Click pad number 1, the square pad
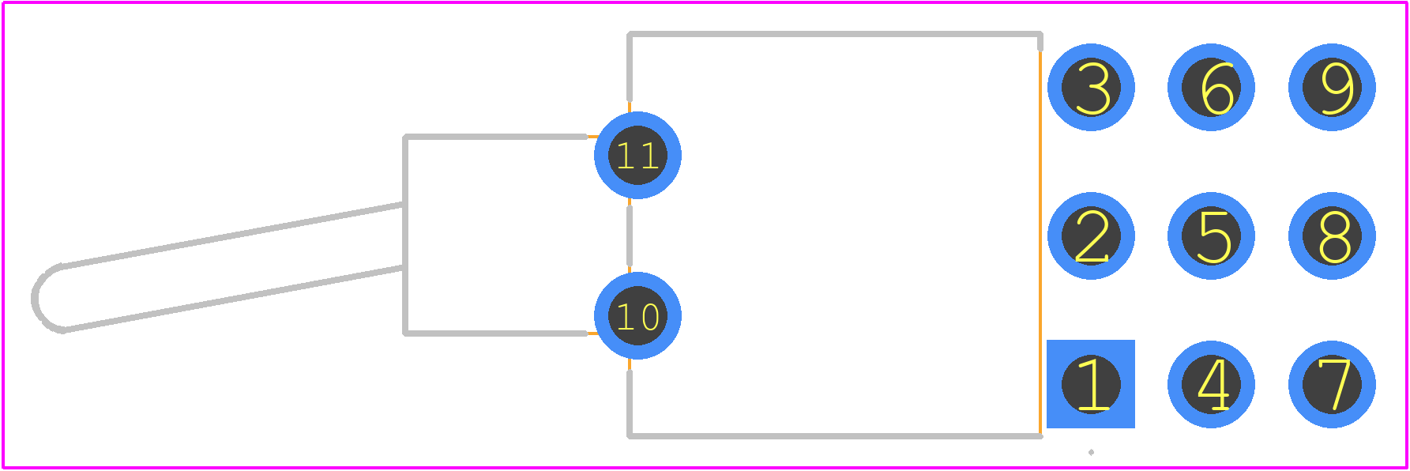[1091, 384]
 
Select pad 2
[1091, 236]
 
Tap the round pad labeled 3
[1091, 87]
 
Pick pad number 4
[1211, 384]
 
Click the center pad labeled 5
[1211, 236]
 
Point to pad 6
[1211, 87]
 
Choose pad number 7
[1332, 384]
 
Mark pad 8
[1332, 236]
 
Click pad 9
[1332, 87]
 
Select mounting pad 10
[637, 316]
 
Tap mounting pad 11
[637, 155]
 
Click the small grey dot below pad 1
[1091, 452]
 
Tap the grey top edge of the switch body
[835, 35]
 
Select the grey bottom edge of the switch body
[835, 435]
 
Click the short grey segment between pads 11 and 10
[630, 236]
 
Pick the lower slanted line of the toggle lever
[233, 299]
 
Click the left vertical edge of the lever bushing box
[405, 236]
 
